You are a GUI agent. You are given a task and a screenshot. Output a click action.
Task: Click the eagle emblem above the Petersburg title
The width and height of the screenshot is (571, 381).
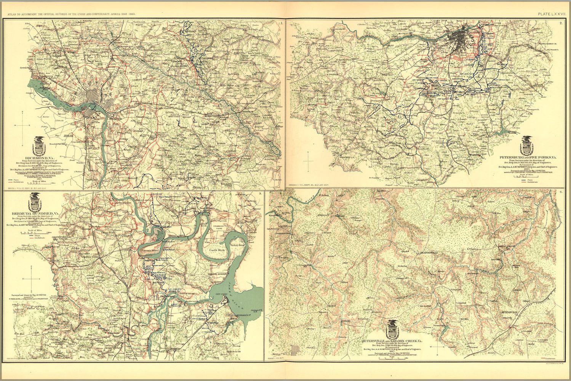pos(528,145)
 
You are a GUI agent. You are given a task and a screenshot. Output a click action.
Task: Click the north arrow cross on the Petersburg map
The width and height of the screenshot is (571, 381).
pos(308,160)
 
